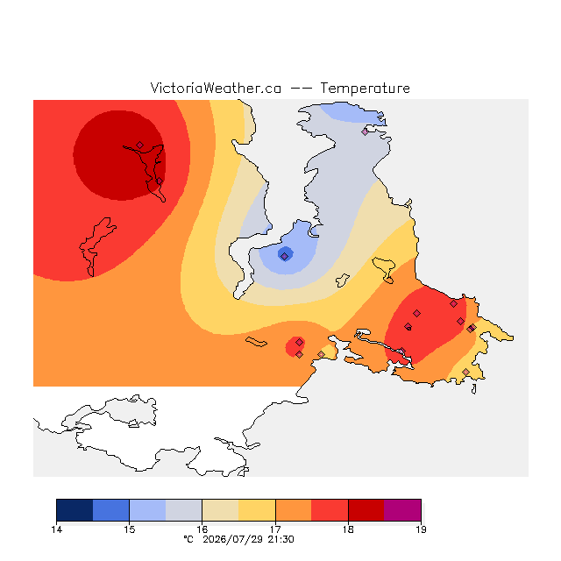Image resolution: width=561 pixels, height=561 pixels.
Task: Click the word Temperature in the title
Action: tap(365, 89)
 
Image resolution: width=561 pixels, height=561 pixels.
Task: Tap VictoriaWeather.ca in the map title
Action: tap(216, 89)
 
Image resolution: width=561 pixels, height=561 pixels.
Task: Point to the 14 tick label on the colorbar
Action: tap(56, 529)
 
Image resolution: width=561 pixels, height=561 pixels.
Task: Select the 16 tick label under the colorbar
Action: tap(202, 529)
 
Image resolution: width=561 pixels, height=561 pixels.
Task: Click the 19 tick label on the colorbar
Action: tap(421, 529)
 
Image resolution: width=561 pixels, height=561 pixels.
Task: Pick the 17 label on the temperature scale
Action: tap(275, 529)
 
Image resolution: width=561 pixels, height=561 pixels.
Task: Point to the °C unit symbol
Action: tap(188, 539)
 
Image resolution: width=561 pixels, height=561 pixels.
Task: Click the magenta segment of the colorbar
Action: tap(402, 510)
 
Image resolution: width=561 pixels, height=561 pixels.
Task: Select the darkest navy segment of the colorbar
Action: tap(75, 510)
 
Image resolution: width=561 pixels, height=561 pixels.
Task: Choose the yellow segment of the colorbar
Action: tap(257, 510)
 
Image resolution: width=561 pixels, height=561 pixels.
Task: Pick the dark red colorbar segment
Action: tap(366, 510)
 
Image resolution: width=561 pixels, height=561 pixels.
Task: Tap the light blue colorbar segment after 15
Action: tap(147, 510)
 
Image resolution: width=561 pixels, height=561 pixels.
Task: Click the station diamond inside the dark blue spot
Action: tap(284, 256)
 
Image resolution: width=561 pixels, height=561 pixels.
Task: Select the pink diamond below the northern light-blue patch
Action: tap(365, 131)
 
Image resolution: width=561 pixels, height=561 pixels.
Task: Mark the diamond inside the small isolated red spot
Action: tap(300, 343)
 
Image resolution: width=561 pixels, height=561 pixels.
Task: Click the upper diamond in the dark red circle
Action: tap(140, 145)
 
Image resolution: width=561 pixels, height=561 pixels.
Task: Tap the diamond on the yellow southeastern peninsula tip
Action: tap(465, 372)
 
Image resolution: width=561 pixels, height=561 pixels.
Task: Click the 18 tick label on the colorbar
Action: tap(348, 529)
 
